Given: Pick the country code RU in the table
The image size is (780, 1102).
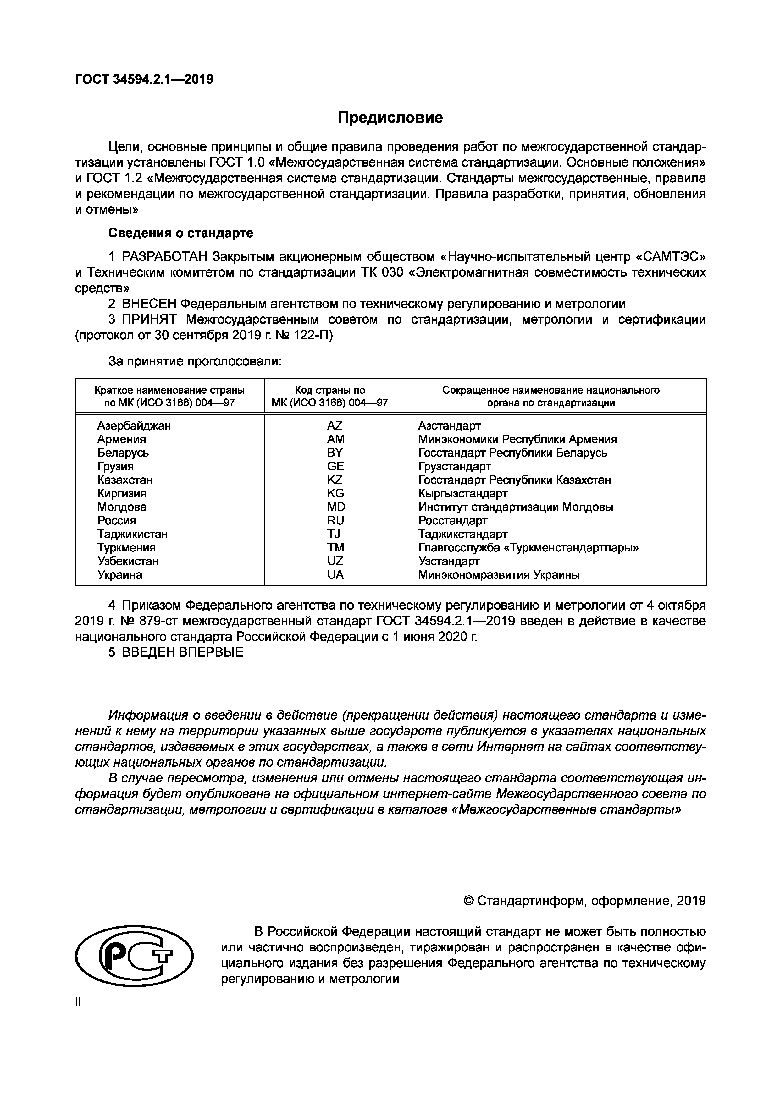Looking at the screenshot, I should click(335, 521).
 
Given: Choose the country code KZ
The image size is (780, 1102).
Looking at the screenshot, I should click(335, 480).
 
